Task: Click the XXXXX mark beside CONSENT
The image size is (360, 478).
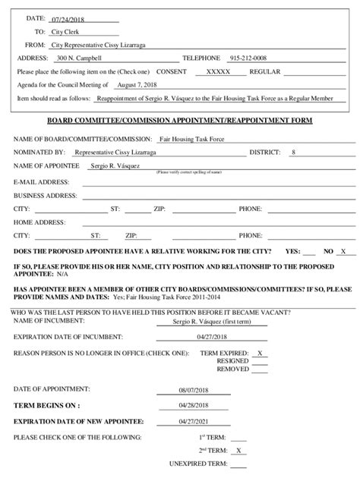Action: point(219,71)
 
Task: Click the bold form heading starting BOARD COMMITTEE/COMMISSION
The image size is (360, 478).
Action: point(179,121)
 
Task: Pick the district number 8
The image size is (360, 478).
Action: point(293,153)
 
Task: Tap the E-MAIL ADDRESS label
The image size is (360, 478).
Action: point(42,181)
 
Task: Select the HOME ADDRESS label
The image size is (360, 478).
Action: point(39,222)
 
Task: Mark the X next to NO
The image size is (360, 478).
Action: point(343,250)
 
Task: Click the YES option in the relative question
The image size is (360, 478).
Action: point(292,250)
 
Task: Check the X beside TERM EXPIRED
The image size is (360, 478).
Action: point(260,353)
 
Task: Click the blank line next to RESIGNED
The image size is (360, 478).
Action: point(260,362)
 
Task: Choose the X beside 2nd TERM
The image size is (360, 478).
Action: point(240,451)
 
